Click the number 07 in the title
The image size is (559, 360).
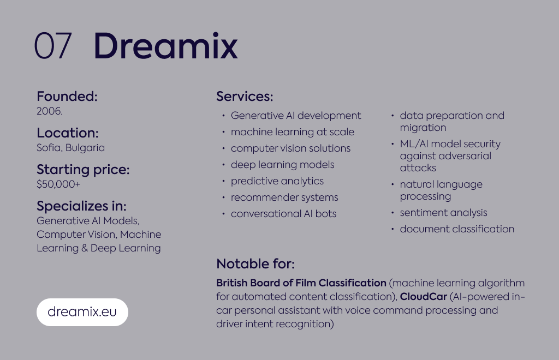pyautogui.click(x=53, y=46)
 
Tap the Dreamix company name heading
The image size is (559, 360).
pyautogui.click(x=166, y=46)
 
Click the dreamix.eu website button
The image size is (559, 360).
pyautogui.click(x=82, y=312)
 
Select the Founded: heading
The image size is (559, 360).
pyautogui.click(x=67, y=96)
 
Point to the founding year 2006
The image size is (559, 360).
pyautogui.click(x=50, y=111)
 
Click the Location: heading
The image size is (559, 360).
pyautogui.click(x=67, y=133)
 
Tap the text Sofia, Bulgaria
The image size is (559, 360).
pyautogui.click(x=70, y=148)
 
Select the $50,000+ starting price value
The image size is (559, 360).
pyautogui.click(x=58, y=184)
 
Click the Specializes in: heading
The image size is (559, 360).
pyautogui.click(x=82, y=206)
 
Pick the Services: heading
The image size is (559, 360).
pyautogui.click(x=245, y=96)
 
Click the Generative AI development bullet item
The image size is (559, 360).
pyautogui.click(x=296, y=116)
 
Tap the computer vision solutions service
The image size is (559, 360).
pyautogui.click(x=290, y=148)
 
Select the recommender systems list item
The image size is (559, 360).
pyautogui.click(x=284, y=197)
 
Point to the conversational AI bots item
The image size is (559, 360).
pyautogui.click(x=283, y=214)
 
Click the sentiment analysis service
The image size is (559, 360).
pyautogui.click(x=443, y=213)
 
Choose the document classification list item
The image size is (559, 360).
pyautogui.click(x=457, y=229)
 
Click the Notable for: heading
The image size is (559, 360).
pyautogui.click(x=255, y=264)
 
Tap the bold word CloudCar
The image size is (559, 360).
pyautogui.click(x=424, y=297)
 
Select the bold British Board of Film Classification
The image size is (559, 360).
pyautogui.click(x=301, y=283)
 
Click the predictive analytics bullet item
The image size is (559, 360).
pyautogui.click(x=277, y=181)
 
